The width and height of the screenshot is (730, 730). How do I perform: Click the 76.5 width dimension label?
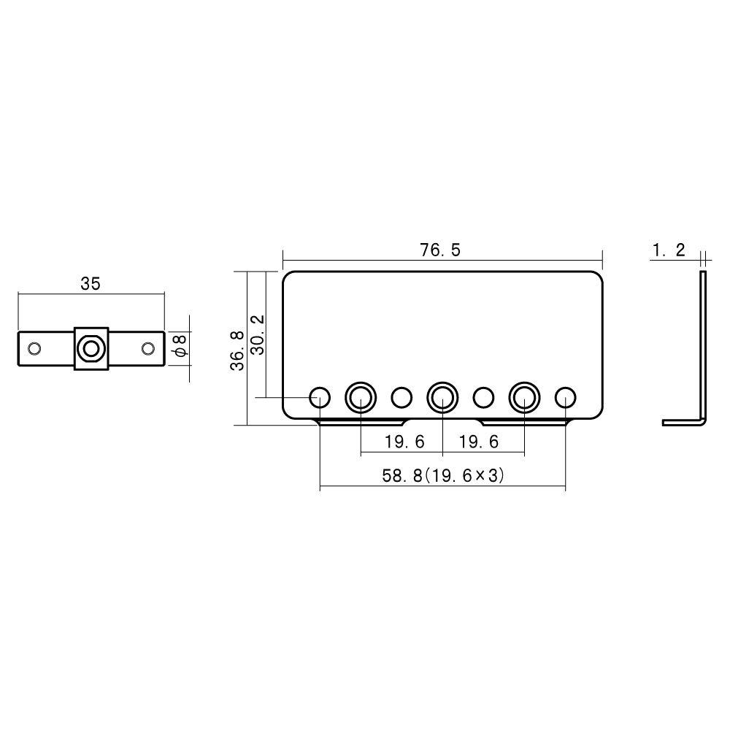click(x=440, y=250)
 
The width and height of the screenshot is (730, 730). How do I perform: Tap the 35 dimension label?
click(x=91, y=283)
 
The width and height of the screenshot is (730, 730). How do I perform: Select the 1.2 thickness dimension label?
click(x=669, y=250)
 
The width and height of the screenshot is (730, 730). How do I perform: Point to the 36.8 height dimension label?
click(x=237, y=350)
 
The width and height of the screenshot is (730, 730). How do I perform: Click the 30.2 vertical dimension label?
click(x=258, y=335)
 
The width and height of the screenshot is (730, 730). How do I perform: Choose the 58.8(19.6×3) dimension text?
click(x=443, y=475)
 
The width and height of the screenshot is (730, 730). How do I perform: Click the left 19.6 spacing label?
click(x=404, y=442)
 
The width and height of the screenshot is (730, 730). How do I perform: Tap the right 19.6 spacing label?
click(x=479, y=442)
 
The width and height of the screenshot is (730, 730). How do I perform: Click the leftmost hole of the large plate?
click(x=320, y=398)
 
